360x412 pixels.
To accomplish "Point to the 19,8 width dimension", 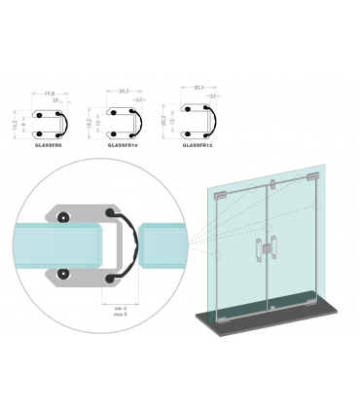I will [50, 94].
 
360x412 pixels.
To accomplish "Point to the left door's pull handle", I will [259, 251].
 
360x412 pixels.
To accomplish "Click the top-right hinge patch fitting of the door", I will [309, 178].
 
